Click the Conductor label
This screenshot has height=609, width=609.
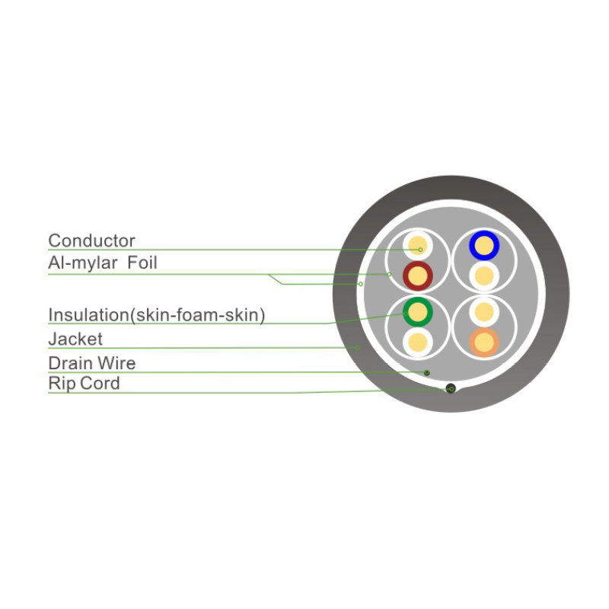pos(91,241)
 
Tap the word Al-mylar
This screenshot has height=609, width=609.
pos(83,263)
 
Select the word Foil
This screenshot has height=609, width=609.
pos(142,263)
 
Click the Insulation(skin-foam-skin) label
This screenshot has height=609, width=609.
pos(157,315)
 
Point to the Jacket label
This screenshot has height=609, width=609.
pos(75,340)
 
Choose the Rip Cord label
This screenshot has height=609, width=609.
pos(84,384)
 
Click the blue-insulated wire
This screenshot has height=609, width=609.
pos(484,245)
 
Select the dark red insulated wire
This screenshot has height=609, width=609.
pos(418,276)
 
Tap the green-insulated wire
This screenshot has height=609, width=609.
pos(418,312)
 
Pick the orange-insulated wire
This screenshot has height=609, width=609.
pos(484,343)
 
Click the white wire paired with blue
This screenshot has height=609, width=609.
pos(484,276)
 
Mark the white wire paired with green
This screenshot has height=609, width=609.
pos(418,343)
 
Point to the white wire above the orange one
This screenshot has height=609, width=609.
pos(484,312)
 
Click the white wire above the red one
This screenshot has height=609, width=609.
pos(418,245)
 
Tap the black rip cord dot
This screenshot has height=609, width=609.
pos(451,388)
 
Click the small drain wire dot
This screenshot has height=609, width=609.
pos(427,372)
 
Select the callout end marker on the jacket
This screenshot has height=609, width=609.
pos(357,348)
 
